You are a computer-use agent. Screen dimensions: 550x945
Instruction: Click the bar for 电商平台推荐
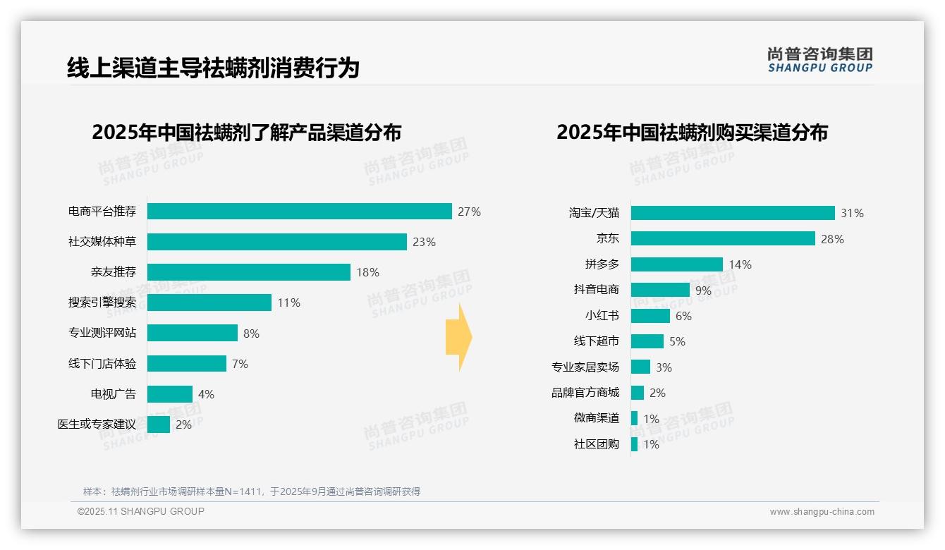[x=299, y=212]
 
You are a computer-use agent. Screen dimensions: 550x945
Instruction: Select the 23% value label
[x=424, y=242]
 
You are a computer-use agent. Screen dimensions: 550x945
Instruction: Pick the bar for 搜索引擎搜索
[x=209, y=302]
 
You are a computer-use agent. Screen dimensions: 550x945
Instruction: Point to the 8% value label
[x=251, y=334]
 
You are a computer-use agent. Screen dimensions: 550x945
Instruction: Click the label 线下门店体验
[x=102, y=364]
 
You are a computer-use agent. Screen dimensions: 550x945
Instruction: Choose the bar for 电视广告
[x=169, y=394]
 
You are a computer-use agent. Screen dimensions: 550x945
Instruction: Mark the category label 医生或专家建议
[x=96, y=424]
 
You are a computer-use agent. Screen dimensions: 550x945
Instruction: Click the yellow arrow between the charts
[x=458, y=338]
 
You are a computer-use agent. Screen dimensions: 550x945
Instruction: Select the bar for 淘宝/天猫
[x=732, y=213]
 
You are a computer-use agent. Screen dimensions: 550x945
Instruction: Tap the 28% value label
[x=832, y=239]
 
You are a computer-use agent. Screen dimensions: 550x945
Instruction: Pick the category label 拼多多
[x=602, y=264]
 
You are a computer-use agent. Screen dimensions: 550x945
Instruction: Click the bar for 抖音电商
[x=659, y=290]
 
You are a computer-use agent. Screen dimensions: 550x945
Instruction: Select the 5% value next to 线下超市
[x=677, y=341]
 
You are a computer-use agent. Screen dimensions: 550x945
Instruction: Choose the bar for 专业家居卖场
[x=640, y=367]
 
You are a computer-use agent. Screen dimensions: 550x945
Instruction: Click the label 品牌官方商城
[x=585, y=393]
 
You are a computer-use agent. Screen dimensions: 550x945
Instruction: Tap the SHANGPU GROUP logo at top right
[x=819, y=60]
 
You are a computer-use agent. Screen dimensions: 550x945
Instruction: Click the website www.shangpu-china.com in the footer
[x=822, y=512]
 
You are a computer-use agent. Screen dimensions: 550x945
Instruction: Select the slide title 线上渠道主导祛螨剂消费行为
[x=213, y=68]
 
